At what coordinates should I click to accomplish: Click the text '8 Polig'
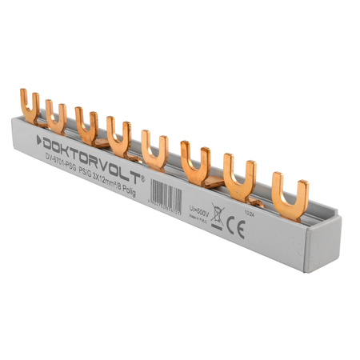[138, 190]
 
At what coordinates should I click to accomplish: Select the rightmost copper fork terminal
[290, 193]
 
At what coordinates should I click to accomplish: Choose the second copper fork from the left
[55, 116]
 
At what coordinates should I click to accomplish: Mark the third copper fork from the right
[195, 163]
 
